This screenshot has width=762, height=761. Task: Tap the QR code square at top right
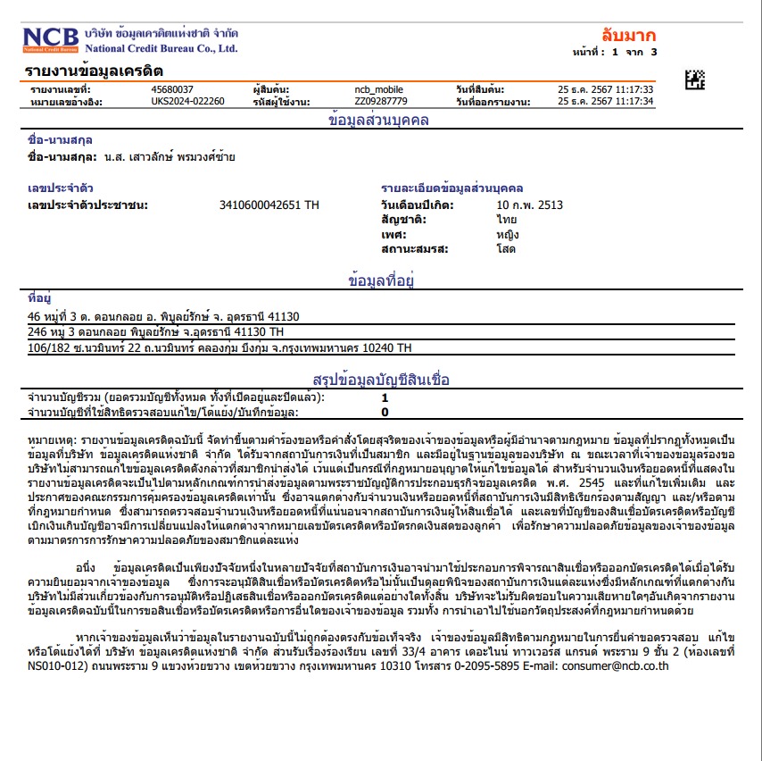[695, 79]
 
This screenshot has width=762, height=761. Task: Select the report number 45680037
[173, 89]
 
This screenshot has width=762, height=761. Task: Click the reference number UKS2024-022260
[187, 101]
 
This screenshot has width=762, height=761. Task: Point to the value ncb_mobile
[378, 89]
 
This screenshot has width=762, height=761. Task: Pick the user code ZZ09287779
[380, 101]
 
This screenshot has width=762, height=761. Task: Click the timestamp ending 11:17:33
[606, 89]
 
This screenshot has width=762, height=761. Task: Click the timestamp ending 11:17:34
[606, 101]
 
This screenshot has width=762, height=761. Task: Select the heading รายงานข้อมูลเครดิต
[95, 71]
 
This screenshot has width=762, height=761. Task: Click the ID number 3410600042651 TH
[269, 205]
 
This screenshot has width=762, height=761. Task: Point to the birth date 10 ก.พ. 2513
[530, 205]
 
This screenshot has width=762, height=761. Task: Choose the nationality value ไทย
[507, 219]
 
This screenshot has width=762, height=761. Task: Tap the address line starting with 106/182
[219, 347]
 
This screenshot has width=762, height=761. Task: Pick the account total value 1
[385, 397]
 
